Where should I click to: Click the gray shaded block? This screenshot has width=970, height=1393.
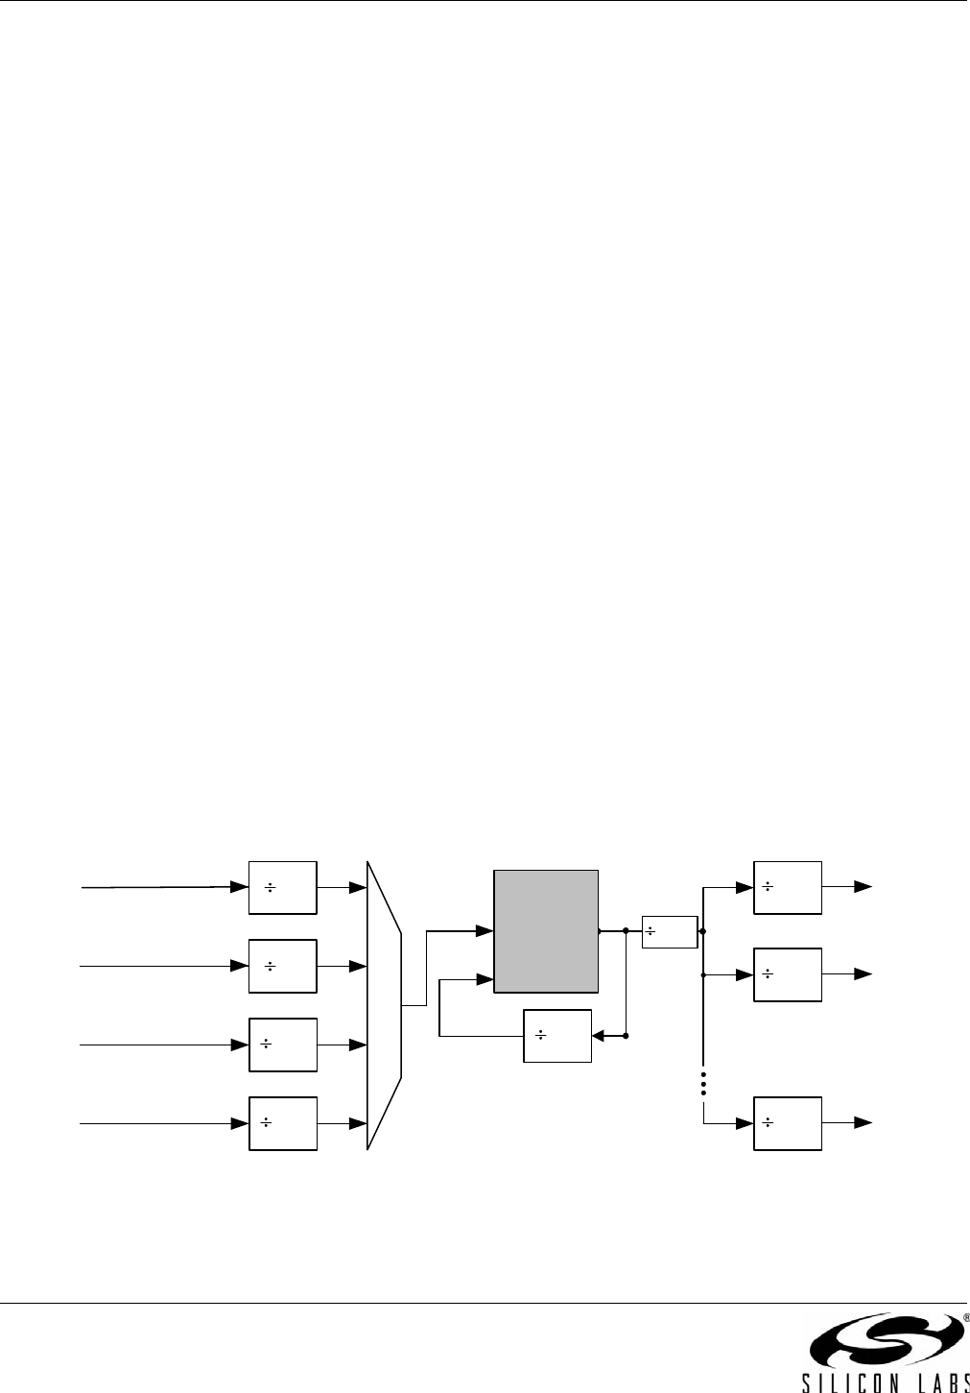point(546,930)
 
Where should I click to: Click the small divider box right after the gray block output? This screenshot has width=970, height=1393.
point(669,931)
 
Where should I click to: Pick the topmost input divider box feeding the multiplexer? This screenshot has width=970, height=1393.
point(282,887)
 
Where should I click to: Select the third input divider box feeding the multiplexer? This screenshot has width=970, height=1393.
point(282,1044)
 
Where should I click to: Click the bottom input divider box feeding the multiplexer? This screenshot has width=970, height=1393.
point(282,1122)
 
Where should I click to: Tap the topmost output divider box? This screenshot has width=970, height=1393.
point(787,887)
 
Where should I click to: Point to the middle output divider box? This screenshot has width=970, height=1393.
point(787,974)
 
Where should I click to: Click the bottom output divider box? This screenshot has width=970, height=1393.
point(787,1122)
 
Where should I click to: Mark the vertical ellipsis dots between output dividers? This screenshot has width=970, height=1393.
point(703,1083)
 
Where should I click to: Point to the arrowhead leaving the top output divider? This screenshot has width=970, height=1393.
point(864,887)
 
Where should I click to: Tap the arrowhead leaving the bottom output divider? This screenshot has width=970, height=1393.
point(864,1122)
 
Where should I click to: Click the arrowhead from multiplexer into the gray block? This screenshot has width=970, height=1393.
point(485,929)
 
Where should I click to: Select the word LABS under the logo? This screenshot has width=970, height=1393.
point(935,1381)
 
